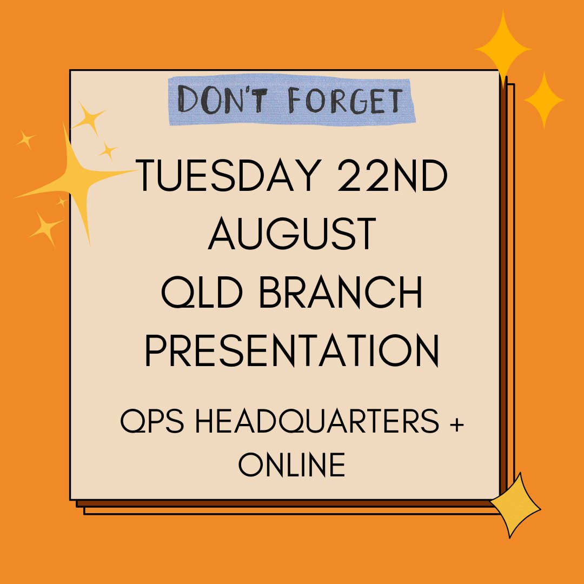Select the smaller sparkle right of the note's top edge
coord(543,100)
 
